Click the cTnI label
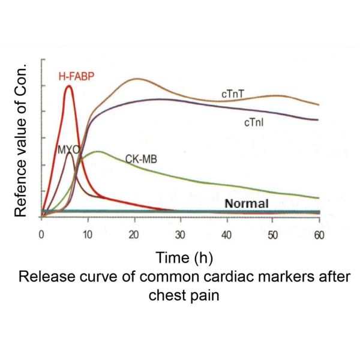pos(254,122)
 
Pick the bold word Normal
pos(246,203)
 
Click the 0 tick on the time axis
pos(41,235)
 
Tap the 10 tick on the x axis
pos(88,235)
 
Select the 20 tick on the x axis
pos(134,235)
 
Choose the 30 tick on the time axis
pos(181,235)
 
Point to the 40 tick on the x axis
pos(227,235)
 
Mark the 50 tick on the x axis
pos(273,235)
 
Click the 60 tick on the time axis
pos(319,235)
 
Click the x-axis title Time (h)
pos(181,259)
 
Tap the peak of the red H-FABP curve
pos(69,86)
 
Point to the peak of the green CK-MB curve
pos(97,151)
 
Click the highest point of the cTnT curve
pos(137,79)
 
